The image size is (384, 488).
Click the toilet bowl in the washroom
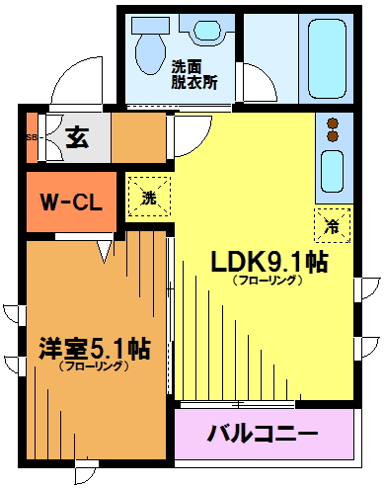(151, 52)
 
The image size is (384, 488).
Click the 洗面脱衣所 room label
(193, 75)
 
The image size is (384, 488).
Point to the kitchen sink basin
(333, 171)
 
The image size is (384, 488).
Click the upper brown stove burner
(334, 123)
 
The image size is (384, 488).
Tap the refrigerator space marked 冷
(332, 225)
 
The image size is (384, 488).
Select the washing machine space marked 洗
(149, 197)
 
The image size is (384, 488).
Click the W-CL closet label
(71, 202)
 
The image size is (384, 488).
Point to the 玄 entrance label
(77, 137)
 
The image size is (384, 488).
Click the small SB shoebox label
(32, 137)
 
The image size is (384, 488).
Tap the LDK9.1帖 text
(269, 262)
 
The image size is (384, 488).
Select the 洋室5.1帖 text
(95, 349)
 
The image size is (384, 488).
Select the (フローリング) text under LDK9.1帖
(268, 281)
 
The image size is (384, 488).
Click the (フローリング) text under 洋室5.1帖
(94, 366)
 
